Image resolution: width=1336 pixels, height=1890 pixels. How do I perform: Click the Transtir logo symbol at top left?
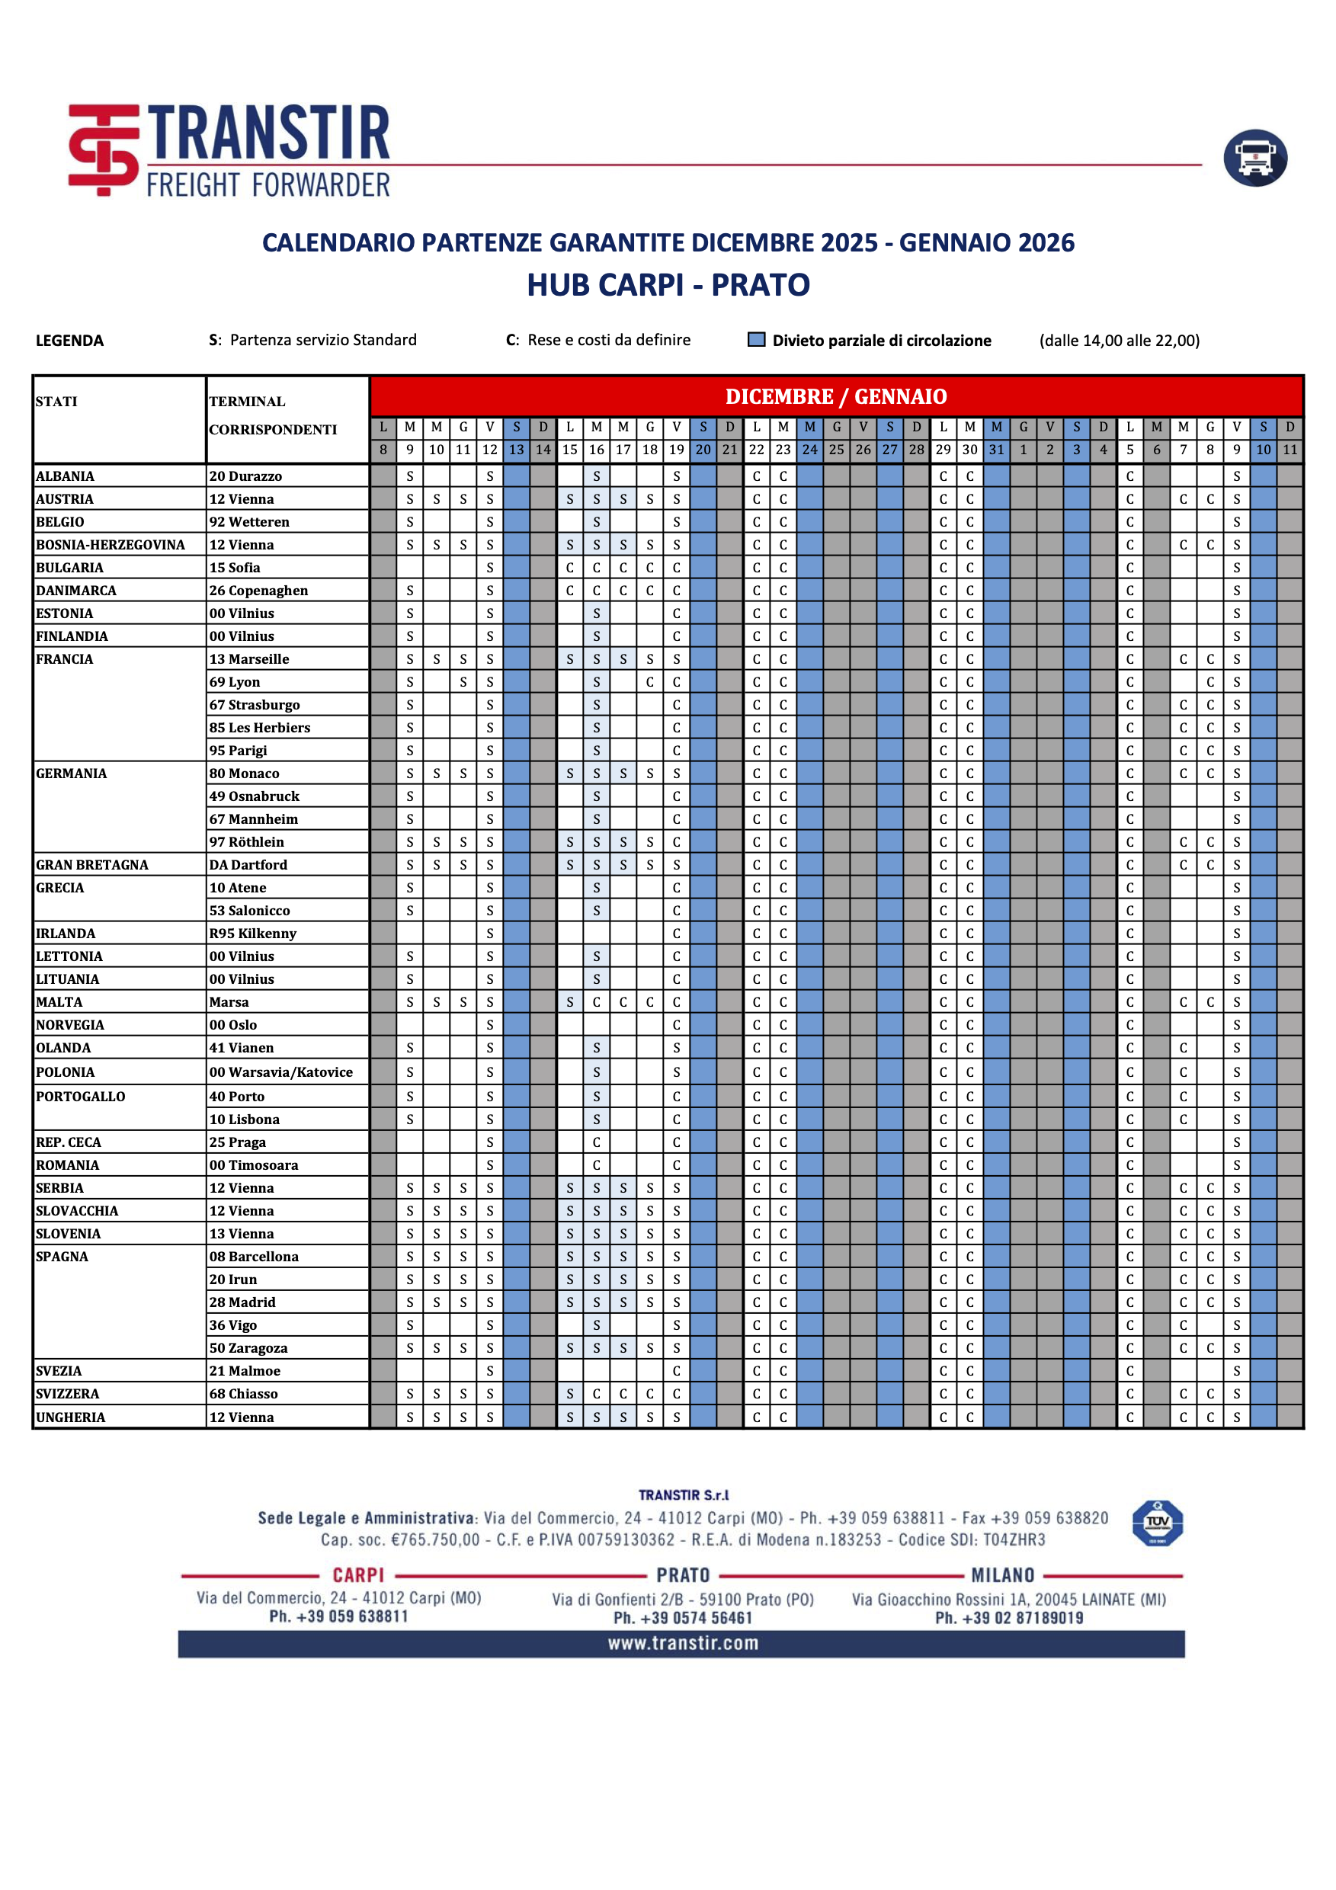click(x=104, y=150)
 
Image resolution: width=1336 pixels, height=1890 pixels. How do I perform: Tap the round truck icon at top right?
click(x=1254, y=158)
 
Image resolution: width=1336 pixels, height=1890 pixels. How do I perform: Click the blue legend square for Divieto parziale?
click(x=756, y=340)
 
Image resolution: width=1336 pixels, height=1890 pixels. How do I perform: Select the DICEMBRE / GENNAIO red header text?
click(x=835, y=397)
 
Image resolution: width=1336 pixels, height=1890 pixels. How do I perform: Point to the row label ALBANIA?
click(x=65, y=476)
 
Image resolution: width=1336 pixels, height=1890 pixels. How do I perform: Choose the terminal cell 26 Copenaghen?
click(x=258, y=590)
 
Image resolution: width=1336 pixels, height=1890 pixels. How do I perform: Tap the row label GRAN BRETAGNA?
click(x=92, y=864)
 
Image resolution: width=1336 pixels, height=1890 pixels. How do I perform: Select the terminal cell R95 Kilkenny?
click(x=253, y=934)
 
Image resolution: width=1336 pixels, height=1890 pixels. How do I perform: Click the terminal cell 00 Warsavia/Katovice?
click(x=280, y=1072)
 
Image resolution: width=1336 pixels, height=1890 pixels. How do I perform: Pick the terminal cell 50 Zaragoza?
click(x=248, y=1347)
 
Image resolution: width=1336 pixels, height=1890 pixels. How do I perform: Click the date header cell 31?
click(x=996, y=450)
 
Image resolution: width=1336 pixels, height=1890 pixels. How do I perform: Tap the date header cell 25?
click(x=836, y=450)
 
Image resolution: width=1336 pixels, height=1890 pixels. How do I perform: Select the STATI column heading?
click(x=57, y=402)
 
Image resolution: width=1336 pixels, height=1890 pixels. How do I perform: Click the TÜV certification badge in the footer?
click(x=1158, y=1523)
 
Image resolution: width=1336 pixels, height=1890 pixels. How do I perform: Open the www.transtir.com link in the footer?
click(x=682, y=1643)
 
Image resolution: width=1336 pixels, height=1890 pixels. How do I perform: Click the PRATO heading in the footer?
click(x=682, y=1574)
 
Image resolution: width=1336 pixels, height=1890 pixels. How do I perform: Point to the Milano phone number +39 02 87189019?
click(x=1008, y=1617)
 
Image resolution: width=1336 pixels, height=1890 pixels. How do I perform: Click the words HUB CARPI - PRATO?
click(x=668, y=285)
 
